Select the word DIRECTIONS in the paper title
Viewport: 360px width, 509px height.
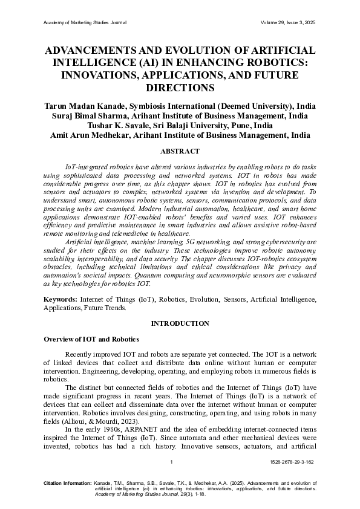click(180, 88)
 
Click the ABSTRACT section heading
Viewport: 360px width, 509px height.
click(180, 150)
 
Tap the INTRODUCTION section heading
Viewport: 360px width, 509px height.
click(180, 323)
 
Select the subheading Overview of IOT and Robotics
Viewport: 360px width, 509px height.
click(91, 339)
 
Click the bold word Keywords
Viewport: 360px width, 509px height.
click(61, 299)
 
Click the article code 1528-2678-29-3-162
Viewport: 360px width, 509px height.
click(292, 462)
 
